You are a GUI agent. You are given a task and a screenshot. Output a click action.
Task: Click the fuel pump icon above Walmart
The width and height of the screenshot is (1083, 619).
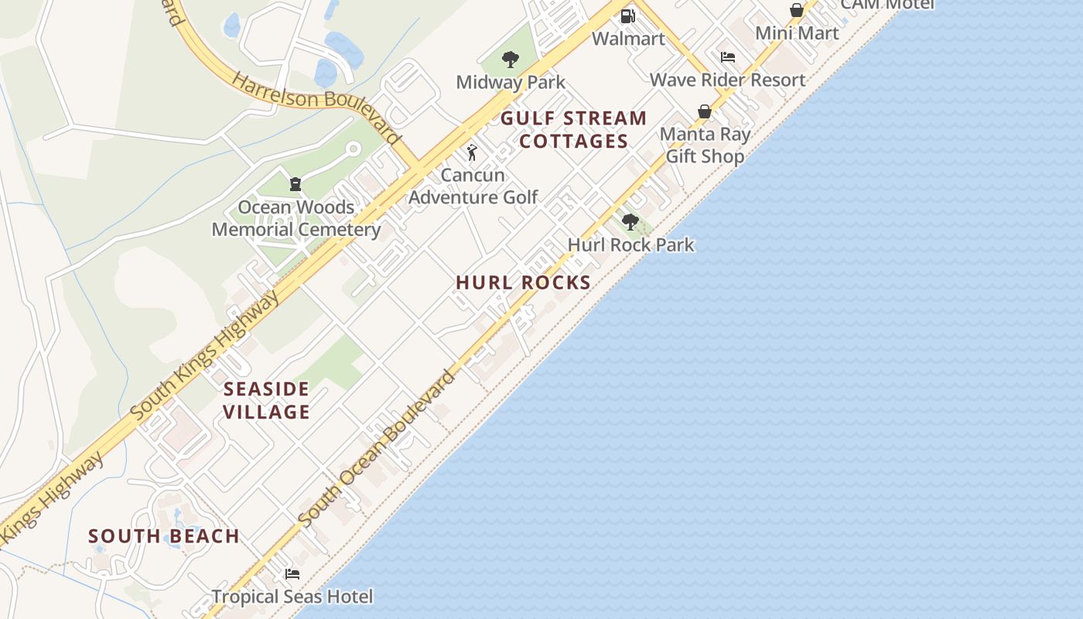pos(628,15)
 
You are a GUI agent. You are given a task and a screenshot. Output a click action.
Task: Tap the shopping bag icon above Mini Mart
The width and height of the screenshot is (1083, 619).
pos(796,10)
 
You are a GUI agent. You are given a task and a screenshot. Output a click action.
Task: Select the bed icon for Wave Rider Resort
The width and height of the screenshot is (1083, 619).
pos(727,57)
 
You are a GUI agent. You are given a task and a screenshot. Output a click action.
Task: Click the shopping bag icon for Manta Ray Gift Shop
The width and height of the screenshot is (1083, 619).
pos(705,111)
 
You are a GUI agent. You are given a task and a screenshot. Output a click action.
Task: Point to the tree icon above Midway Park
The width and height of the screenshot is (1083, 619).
pos(510,59)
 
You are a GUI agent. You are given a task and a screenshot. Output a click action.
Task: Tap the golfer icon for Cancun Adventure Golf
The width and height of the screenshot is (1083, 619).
pos(472,152)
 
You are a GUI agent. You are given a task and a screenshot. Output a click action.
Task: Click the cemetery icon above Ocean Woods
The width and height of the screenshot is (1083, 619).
pos(295,184)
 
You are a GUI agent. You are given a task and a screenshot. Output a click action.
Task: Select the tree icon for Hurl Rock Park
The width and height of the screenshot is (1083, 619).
pos(630,222)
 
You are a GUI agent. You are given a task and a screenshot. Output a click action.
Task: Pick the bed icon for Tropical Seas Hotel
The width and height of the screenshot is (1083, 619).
pos(292,574)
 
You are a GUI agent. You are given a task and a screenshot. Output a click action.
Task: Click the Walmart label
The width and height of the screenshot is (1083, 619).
pos(628,38)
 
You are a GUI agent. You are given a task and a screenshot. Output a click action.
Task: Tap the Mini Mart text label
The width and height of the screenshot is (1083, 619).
pos(797,33)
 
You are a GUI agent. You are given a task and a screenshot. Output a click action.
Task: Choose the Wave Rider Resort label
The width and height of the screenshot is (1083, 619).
pos(727,80)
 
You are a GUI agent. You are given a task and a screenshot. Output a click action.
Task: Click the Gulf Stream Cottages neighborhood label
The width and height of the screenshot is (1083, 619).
pos(573,130)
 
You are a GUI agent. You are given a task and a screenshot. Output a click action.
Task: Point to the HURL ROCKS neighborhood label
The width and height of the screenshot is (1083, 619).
pos(524,283)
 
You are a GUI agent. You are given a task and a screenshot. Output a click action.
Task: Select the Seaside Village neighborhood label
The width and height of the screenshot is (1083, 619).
pos(266,400)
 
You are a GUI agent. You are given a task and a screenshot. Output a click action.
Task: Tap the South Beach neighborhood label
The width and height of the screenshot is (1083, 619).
pos(164,536)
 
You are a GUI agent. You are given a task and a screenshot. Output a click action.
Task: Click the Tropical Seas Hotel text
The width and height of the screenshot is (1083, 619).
pos(292,597)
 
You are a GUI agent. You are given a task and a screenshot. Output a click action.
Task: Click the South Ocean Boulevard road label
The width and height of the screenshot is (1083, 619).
pos(377,449)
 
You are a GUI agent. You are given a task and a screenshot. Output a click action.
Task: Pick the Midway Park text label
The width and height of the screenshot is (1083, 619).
pos(511,82)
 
